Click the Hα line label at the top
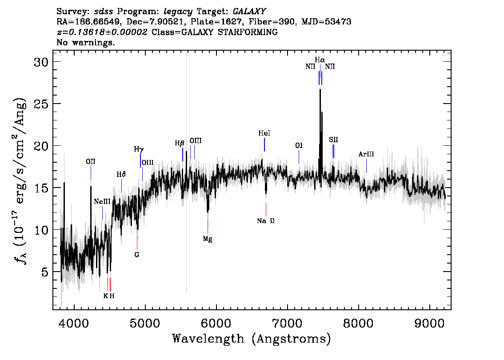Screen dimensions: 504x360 [x=320, y=60]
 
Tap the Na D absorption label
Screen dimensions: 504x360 [x=266, y=221]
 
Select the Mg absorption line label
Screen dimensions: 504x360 [x=208, y=239]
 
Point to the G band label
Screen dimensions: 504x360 [x=137, y=255]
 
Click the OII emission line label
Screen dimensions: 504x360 [x=91, y=162]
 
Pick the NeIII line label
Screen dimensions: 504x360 [x=102, y=202]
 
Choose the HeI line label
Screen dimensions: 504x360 [x=264, y=133]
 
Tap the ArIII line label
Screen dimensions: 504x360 [x=366, y=154]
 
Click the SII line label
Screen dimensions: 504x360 [x=333, y=140]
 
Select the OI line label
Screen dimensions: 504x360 [x=299, y=146]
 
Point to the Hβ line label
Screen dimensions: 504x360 [x=180, y=144]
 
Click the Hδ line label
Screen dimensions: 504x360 [x=121, y=175]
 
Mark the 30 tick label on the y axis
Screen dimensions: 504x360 [x=41, y=62]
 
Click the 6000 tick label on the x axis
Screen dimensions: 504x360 [x=216, y=323]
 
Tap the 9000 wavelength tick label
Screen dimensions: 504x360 [x=429, y=323]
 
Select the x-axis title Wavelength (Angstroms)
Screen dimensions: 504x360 [x=252, y=339]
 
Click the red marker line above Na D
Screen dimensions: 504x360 [x=266, y=210]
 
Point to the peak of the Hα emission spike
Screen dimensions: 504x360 [x=320, y=89]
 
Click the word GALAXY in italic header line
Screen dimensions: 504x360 [x=249, y=12]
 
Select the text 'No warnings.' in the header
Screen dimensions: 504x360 [x=85, y=42]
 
